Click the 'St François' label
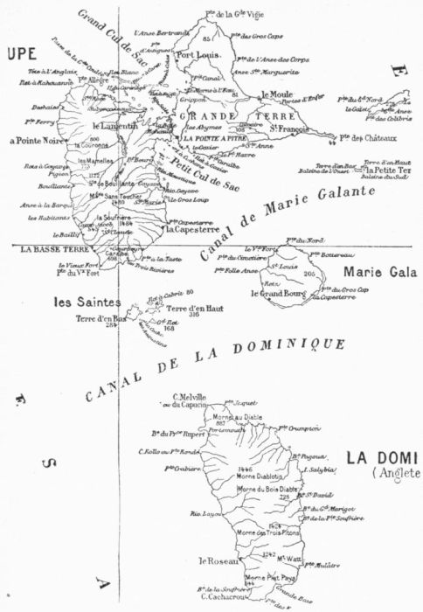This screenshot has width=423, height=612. (x=289, y=131)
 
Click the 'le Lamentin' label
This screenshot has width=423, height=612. (x=121, y=126)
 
